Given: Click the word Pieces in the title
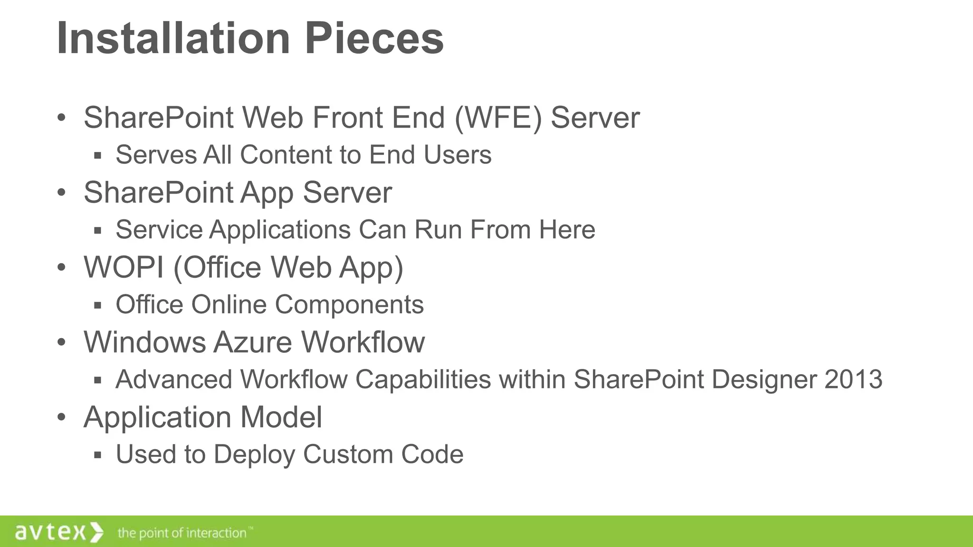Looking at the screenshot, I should pyautogui.click(x=374, y=38).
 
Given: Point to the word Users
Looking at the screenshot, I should pyautogui.click(x=458, y=155).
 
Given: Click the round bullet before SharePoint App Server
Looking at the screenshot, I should pyautogui.click(x=61, y=193).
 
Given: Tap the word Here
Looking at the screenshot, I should pyautogui.click(x=567, y=230).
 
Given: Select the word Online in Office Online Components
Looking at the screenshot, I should pyautogui.click(x=229, y=304).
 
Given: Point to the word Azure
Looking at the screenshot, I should pyautogui.click(x=252, y=342).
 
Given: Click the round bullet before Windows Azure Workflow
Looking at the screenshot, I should pyautogui.click(x=61, y=342).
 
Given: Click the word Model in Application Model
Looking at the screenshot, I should pyautogui.click(x=281, y=417).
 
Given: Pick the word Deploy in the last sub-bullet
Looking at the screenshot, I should pyautogui.click(x=255, y=454).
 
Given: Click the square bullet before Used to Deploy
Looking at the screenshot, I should pyautogui.click(x=98, y=455).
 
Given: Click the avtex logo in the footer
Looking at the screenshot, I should pyautogui.click(x=58, y=532).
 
